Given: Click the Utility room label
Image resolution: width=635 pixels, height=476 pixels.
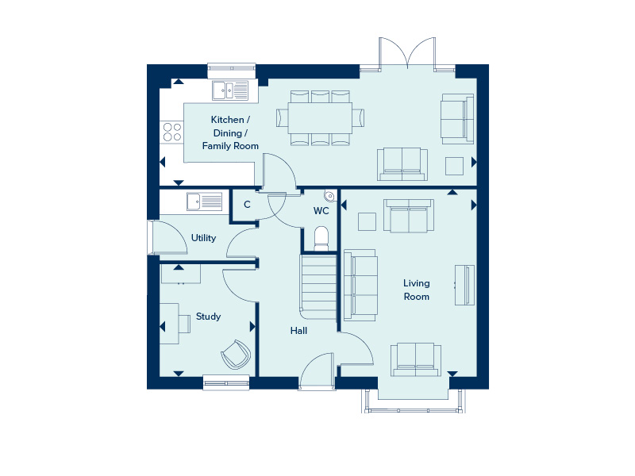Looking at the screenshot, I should [x=203, y=237].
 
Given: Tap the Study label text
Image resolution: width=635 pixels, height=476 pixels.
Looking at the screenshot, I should [x=208, y=317].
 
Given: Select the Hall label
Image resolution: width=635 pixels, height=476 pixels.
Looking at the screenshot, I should [x=298, y=331].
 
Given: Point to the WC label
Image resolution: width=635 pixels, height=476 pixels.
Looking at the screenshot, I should [x=321, y=211].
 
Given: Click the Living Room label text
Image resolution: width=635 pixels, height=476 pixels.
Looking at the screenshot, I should [x=416, y=290].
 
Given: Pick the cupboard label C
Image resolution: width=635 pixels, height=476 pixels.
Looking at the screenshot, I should [x=247, y=205].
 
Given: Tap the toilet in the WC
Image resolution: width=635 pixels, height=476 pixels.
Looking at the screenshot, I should [x=321, y=237].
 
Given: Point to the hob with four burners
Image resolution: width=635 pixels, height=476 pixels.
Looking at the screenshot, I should [x=171, y=132].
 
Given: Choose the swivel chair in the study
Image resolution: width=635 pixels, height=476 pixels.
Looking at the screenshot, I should [x=235, y=353].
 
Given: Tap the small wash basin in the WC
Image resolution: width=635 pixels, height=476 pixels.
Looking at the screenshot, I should [x=328, y=196].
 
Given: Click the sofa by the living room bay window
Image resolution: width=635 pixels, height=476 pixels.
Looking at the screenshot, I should [x=414, y=359].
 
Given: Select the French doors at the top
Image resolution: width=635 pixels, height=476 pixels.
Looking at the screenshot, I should [x=408, y=54].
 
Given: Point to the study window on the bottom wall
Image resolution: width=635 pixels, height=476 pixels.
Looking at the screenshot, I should [x=226, y=382].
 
